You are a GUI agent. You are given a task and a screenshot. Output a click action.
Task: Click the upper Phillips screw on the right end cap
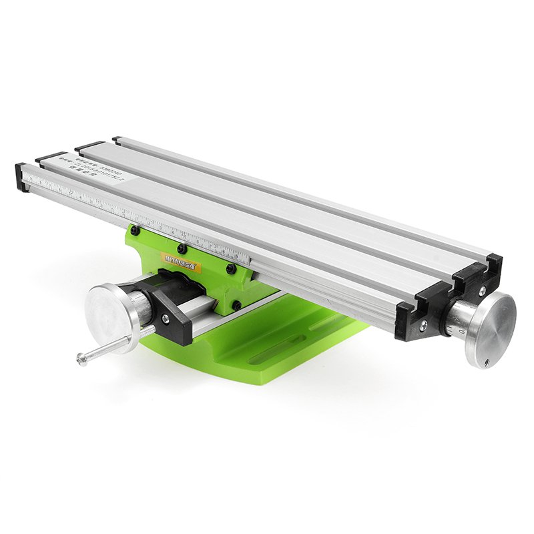coord(481,291)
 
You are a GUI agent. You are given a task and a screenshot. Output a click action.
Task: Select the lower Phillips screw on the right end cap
coord(423,326)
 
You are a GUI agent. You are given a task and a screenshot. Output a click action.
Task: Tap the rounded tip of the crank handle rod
coord(82,360)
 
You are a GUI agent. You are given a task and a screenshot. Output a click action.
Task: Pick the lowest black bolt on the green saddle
coord(235,304)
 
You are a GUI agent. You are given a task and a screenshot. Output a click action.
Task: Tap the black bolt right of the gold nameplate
coord(230,269)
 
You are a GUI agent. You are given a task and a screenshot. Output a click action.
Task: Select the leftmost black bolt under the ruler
coord(135,230)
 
